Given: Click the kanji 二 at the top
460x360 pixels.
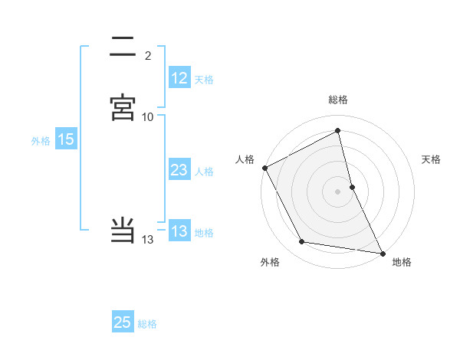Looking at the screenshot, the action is [x=123, y=46].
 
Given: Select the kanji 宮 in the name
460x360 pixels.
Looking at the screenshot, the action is [x=123, y=108].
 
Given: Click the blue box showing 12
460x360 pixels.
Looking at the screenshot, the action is [x=179, y=78].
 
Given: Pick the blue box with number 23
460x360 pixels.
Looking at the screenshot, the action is [x=179, y=170].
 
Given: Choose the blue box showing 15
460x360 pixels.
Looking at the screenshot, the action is [x=65, y=139].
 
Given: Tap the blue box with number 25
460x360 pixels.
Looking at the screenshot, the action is [x=123, y=322].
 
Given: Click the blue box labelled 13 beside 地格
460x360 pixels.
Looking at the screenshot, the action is [x=179, y=231].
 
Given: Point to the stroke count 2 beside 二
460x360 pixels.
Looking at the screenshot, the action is [x=148, y=55].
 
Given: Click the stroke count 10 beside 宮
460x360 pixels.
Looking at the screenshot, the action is [x=148, y=117].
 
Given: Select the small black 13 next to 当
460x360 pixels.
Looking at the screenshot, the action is [x=148, y=240].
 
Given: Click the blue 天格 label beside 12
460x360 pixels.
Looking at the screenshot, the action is [x=204, y=80].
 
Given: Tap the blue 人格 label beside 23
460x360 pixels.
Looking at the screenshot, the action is [x=204, y=172].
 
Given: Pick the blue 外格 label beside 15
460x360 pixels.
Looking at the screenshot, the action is [x=41, y=141].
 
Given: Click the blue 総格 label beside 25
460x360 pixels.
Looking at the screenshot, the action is [x=147, y=324].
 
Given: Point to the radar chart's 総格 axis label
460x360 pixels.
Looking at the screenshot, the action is [x=338, y=100].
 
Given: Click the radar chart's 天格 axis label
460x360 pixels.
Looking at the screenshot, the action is [x=432, y=159].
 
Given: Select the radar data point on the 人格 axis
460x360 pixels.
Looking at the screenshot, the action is [x=264, y=168].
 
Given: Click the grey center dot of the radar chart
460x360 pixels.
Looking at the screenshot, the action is [x=338, y=191].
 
